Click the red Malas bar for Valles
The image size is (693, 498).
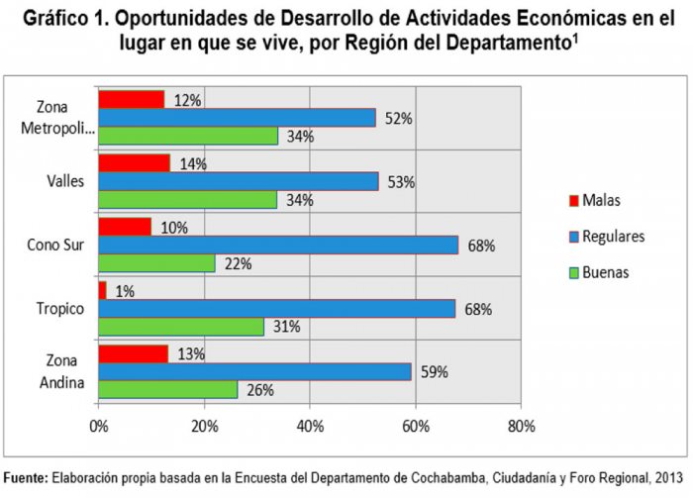click(x=134, y=162)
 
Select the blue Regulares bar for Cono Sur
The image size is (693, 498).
click(x=277, y=245)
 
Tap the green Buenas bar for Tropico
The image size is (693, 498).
click(x=180, y=327)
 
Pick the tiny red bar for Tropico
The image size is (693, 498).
click(x=102, y=290)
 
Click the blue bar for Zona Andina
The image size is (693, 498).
click(x=254, y=371)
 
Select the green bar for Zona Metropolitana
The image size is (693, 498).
click(x=188, y=137)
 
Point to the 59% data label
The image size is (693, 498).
click(x=434, y=372)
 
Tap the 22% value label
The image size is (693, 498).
click(x=238, y=263)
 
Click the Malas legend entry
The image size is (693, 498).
click(x=600, y=200)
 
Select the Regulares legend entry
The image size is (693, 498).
click(x=613, y=236)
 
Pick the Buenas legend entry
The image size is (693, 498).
click(x=605, y=271)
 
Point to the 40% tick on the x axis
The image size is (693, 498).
click(x=310, y=427)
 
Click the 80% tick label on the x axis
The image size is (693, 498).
click(x=521, y=427)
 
